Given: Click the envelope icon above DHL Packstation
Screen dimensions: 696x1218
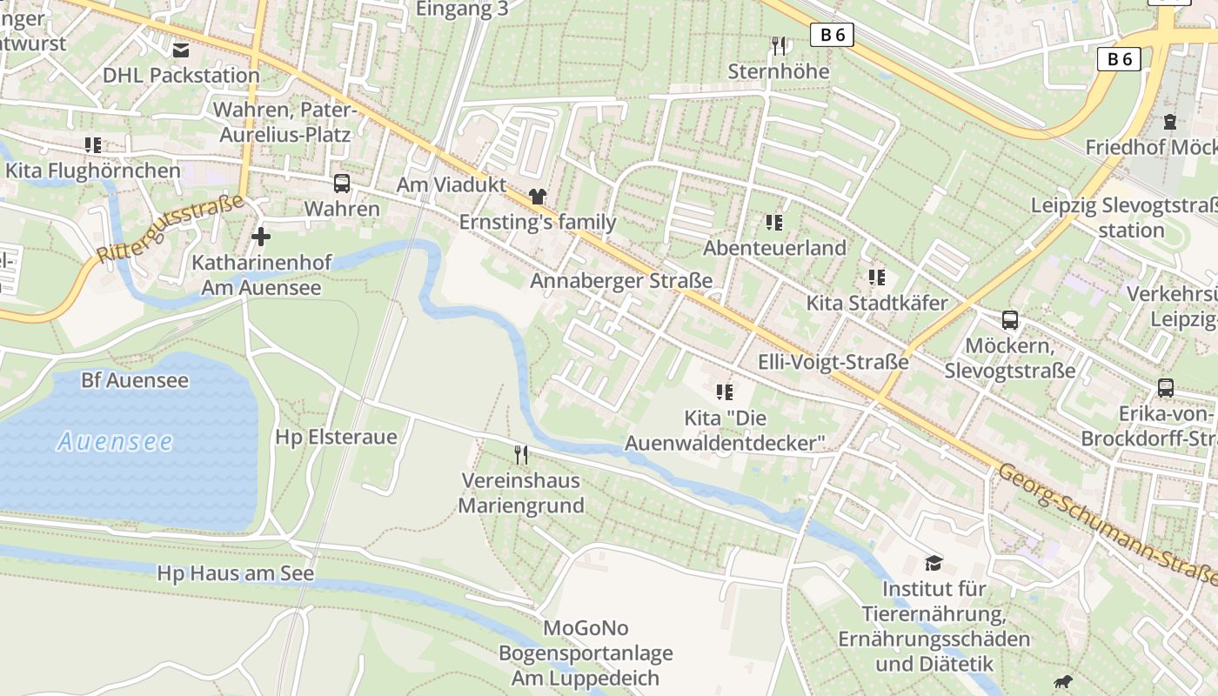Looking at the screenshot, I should tap(181, 50).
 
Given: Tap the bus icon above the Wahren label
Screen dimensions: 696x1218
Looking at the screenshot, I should tap(342, 184).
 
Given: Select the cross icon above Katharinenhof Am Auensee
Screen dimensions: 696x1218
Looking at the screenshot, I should tap(260, 237).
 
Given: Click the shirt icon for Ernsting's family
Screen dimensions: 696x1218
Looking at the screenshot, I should tap(537, 197).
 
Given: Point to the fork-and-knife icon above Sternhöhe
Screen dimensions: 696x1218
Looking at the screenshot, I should tap(779, 46).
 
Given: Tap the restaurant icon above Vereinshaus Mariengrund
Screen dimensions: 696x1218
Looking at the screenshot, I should tap(520, 454).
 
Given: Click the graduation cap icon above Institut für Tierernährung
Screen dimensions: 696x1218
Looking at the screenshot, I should tap(934, 563).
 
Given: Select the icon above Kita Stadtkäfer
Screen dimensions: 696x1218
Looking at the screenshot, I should tap(876, 278).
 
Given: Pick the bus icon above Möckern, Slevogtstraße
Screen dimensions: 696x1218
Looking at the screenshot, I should tap(1009, 319).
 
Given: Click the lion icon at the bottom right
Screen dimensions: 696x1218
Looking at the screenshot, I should tap(1061, 682).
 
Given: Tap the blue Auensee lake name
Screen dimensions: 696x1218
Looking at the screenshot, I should tap(115, 442).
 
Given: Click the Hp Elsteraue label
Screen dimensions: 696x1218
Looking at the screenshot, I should tap(336, 437).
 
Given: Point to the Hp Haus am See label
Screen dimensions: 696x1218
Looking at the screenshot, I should tap(235, 574).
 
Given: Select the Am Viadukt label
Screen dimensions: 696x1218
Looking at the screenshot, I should tap(451, 184).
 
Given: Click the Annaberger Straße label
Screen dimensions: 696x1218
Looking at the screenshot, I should tap(621, 281).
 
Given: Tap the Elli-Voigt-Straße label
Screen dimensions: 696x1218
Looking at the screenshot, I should tap(833, 362).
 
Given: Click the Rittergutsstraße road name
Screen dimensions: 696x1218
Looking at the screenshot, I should tap(170, 230).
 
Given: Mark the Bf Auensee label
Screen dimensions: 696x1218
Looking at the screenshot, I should tap(134, 380).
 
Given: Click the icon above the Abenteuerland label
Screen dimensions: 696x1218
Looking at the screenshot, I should tap(774, 223).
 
